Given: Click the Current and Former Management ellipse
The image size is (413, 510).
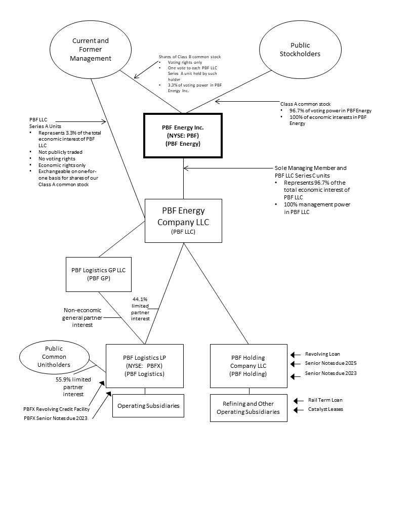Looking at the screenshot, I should [x=91, y=50].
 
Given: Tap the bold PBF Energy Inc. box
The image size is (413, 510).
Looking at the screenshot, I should [x=183, y=136].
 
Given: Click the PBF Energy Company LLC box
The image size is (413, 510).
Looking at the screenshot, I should [x=183, y=221].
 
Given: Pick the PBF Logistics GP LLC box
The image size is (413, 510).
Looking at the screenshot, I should [x=98, y=274].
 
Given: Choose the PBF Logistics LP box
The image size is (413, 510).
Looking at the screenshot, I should [x=145, y=365].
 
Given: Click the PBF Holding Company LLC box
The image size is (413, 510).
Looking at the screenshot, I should [x=248, y=365].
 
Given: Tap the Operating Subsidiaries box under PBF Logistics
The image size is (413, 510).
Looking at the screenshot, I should [x=148, y=406].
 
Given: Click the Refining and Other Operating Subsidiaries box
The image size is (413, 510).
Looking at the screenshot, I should [x=248, y=408].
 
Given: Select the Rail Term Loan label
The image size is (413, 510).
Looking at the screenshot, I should [x=325, y=400].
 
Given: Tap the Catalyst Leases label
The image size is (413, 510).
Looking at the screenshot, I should [x=325, y=409].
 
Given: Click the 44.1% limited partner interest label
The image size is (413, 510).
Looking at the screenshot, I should [x=140, y=308].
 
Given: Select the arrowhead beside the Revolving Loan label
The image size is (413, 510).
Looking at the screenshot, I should [x=292, y=354].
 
